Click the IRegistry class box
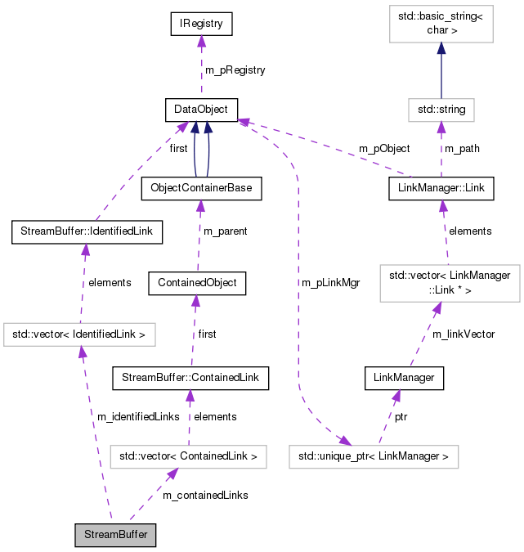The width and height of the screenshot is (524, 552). click(201, 25)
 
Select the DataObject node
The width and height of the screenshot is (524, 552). click(201, 109)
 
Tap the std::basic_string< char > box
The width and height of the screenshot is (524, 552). click(441, 24)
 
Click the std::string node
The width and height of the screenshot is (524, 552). click(441, 109)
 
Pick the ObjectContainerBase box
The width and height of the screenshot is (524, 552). click(201, 188)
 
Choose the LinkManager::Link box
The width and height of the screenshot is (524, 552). click(441, 188)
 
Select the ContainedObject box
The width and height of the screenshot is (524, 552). click(197, 283)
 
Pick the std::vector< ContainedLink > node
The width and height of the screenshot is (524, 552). click(188, 456)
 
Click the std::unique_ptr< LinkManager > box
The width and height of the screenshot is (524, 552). click(374, 456)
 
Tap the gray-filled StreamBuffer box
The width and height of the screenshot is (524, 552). click(115, 536)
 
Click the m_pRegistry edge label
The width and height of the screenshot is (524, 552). click(235, 70)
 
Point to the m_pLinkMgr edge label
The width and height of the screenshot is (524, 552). click(330, 282)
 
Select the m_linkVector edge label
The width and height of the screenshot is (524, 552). click(464, 334)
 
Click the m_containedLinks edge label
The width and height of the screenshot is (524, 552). click(205, 495)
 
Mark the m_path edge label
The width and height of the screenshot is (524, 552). click(462, 149)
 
